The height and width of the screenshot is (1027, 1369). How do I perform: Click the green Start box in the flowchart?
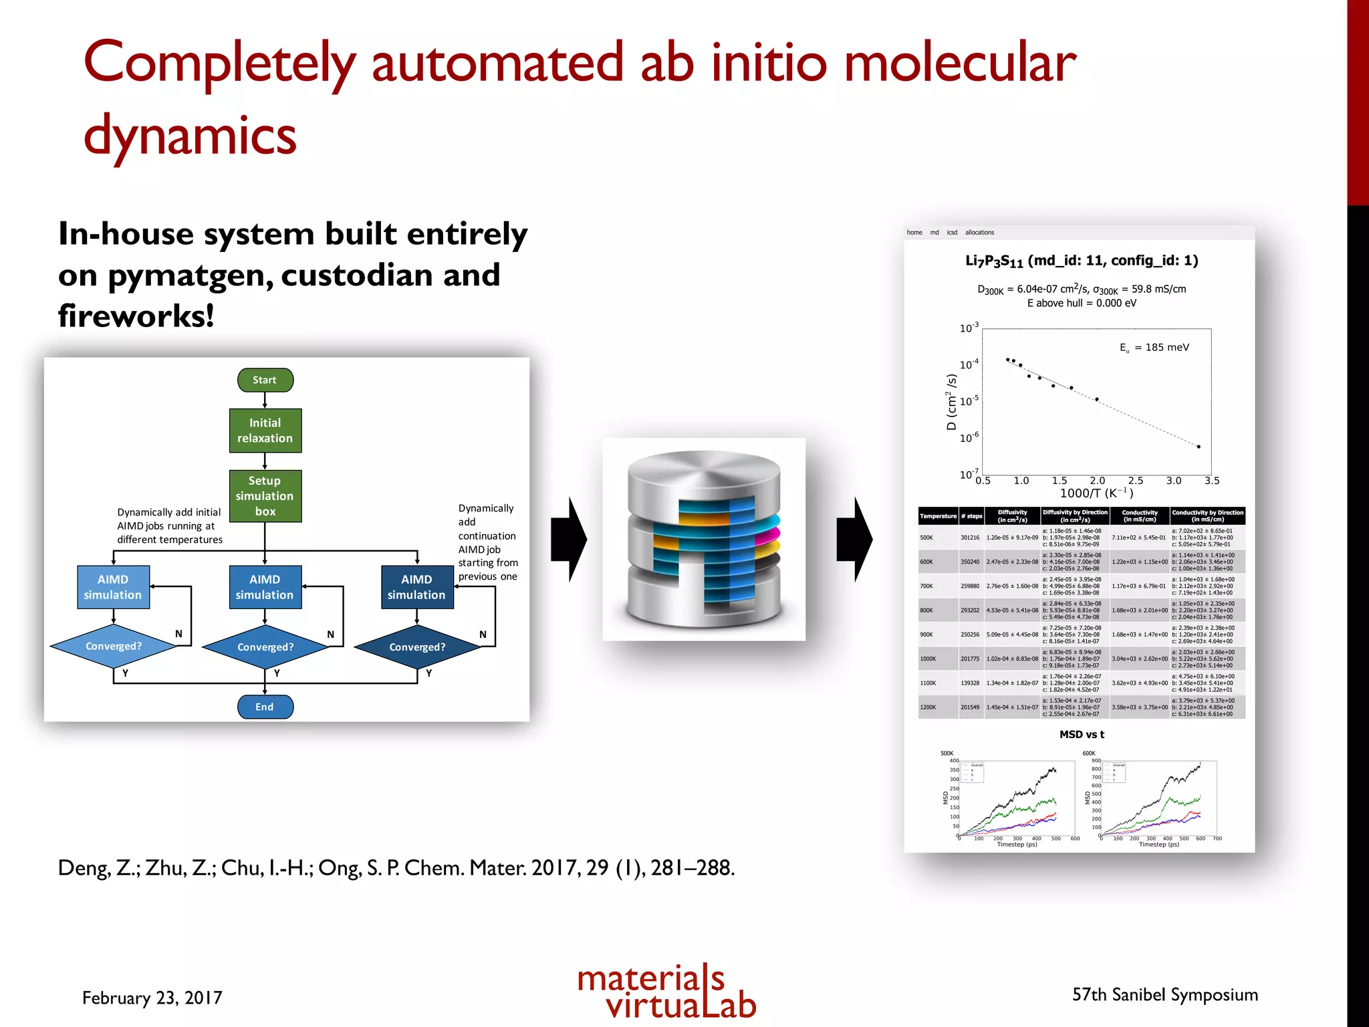(x=265, y=380)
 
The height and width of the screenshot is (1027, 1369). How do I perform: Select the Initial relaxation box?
(x=265, y=431)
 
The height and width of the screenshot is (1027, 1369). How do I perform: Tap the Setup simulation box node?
(x=265, y=496)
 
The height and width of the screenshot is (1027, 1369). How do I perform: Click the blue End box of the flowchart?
(x=265, y=707)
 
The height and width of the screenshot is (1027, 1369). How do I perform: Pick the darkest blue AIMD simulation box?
(x=417, y=587)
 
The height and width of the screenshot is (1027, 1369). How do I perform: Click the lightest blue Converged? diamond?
(x=114, y=646)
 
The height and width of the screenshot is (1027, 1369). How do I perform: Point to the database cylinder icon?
(x=704, y=539)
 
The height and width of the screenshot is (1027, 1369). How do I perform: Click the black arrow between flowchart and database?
(x=569, y=539)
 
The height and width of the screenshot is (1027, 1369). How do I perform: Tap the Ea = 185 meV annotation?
(x=1154, y=348)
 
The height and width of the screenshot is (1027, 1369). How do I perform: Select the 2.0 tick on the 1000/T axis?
(x=1098, y=481)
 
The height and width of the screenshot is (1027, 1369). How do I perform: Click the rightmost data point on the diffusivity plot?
(x=1199, y=447)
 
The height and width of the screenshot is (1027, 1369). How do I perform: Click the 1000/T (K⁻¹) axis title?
(x=1096, y=493)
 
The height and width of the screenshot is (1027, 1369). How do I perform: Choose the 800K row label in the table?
(x=926, y=610)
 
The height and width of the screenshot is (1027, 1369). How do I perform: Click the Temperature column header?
(x=938, y=516)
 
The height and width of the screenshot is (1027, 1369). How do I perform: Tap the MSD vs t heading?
(x=1082, y=734)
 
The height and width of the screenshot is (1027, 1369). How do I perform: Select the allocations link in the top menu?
(x=979, y=233)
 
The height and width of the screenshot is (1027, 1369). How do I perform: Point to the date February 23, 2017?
(x=152, y=998)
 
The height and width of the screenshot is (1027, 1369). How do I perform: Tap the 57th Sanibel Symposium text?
(x=1164, y=995)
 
